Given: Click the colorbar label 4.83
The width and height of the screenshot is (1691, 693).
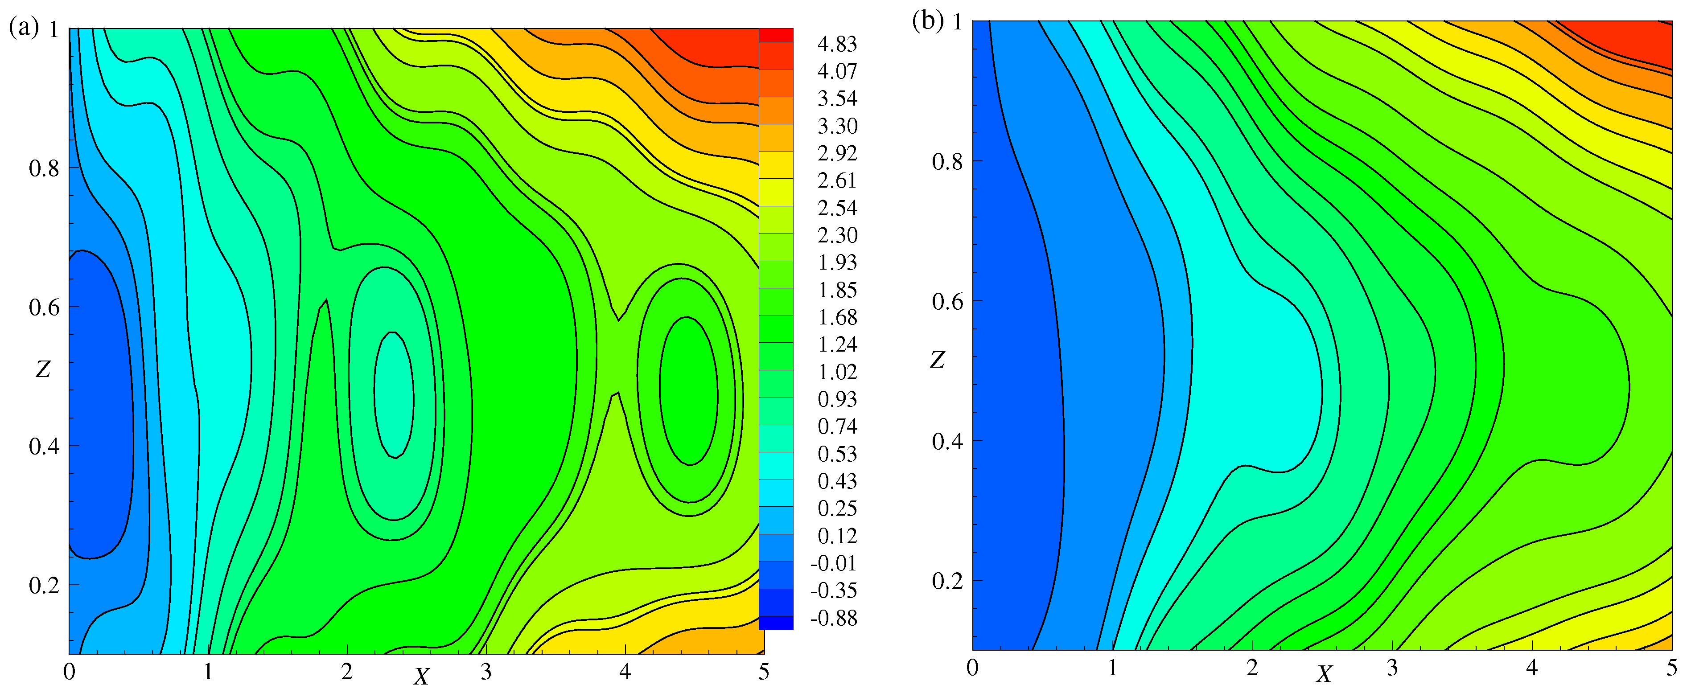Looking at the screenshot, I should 837,44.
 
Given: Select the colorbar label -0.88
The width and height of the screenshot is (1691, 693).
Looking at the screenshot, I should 833,618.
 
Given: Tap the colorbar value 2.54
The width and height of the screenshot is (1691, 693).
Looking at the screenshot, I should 837,208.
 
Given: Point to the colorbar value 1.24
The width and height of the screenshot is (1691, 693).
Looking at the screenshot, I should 837,344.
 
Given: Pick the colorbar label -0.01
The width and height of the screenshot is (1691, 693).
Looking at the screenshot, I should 833,563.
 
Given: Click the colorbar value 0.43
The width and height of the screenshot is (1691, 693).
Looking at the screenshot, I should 837,481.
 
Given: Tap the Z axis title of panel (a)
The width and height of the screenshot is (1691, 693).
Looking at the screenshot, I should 43,369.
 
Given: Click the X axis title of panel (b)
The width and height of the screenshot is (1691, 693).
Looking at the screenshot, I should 1325,674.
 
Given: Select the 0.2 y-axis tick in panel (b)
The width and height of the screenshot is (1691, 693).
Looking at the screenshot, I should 947,581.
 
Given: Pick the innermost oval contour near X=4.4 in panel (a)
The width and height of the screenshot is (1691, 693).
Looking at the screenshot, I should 688,391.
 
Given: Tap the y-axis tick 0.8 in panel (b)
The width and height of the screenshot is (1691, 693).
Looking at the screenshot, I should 947,161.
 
